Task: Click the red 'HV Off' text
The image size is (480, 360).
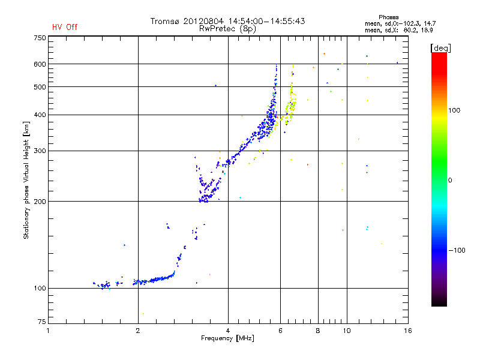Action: point(65,27)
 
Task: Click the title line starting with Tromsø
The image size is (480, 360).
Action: point(227,21)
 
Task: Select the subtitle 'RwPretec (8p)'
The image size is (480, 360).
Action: point(227,28)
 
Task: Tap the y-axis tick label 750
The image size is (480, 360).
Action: point(40,38)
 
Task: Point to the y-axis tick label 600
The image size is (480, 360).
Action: point(40,64)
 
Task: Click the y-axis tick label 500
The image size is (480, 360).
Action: point(40,87)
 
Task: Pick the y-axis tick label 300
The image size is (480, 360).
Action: point(40,151)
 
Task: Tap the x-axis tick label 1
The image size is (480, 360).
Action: point(48,331)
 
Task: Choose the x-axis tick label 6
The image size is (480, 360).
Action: point(280,331)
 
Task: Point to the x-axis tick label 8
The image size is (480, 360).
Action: point(317,331)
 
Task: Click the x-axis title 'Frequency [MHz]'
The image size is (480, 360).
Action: point(227,339)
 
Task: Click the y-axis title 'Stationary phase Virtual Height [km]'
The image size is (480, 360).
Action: point(26,180)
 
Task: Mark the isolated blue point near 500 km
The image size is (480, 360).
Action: point(215,86)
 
